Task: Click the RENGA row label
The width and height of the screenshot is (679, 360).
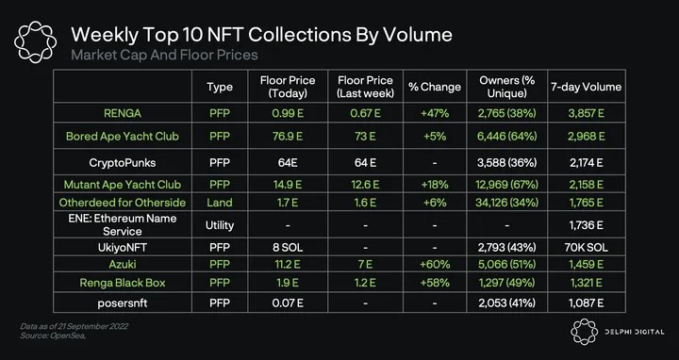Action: tap(122, 113)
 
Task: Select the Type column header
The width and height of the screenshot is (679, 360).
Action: tap(220, 87)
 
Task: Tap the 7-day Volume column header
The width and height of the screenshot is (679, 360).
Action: tap(586, 87)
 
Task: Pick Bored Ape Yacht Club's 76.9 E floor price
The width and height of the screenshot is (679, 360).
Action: tap(288, 137)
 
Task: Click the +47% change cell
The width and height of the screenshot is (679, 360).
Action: tap(435, 113)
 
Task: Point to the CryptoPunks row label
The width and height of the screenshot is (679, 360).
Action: tap(122, 163)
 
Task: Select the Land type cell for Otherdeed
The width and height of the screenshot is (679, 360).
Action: tap(220, 203)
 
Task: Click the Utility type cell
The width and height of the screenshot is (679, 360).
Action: tap(220, 225)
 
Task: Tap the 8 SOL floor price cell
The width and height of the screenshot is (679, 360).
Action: tap(288, 248)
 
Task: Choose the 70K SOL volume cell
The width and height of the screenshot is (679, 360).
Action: tap(586, 248)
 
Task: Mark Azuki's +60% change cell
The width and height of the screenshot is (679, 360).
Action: tap(435, 264)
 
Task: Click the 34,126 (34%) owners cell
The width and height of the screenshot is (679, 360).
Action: tap(507, 203)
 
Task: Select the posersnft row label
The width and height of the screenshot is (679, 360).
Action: tap(122, 303)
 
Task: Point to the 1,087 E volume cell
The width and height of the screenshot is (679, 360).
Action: tap(586, 303)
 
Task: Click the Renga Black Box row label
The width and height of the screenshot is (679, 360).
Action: tap(122, 283)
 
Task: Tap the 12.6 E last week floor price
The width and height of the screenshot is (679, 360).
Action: tap(365, 185)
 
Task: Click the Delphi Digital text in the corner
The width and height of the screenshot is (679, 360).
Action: tap(635, 332)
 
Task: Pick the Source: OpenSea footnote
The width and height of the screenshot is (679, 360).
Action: tap(53, 335)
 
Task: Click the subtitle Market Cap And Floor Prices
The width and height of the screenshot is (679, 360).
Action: tap(164, 55)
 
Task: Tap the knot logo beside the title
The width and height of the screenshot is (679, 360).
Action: tap(35, 42)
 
